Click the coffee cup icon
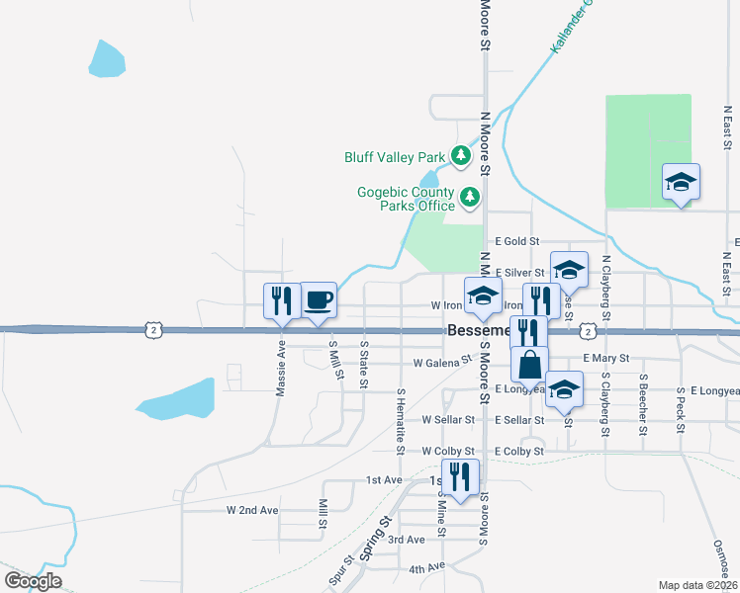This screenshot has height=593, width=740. (318, 299)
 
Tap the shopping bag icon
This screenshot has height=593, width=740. (530, 364)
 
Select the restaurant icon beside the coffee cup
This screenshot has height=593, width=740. (282, 300)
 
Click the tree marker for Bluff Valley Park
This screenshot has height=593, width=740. (460, 155)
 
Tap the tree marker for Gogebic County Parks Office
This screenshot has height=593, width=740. (469, 199)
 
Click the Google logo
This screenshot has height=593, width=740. (33, 580)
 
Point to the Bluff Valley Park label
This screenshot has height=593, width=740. (395, 157)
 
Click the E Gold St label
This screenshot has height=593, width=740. (517, 241)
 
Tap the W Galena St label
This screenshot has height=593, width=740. (442, 364)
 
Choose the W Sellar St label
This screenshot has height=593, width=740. (451, 419)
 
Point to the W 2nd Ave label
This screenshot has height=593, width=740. (252, 510)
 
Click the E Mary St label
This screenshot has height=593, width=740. (606, 358)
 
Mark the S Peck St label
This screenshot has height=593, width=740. (682, 405)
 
